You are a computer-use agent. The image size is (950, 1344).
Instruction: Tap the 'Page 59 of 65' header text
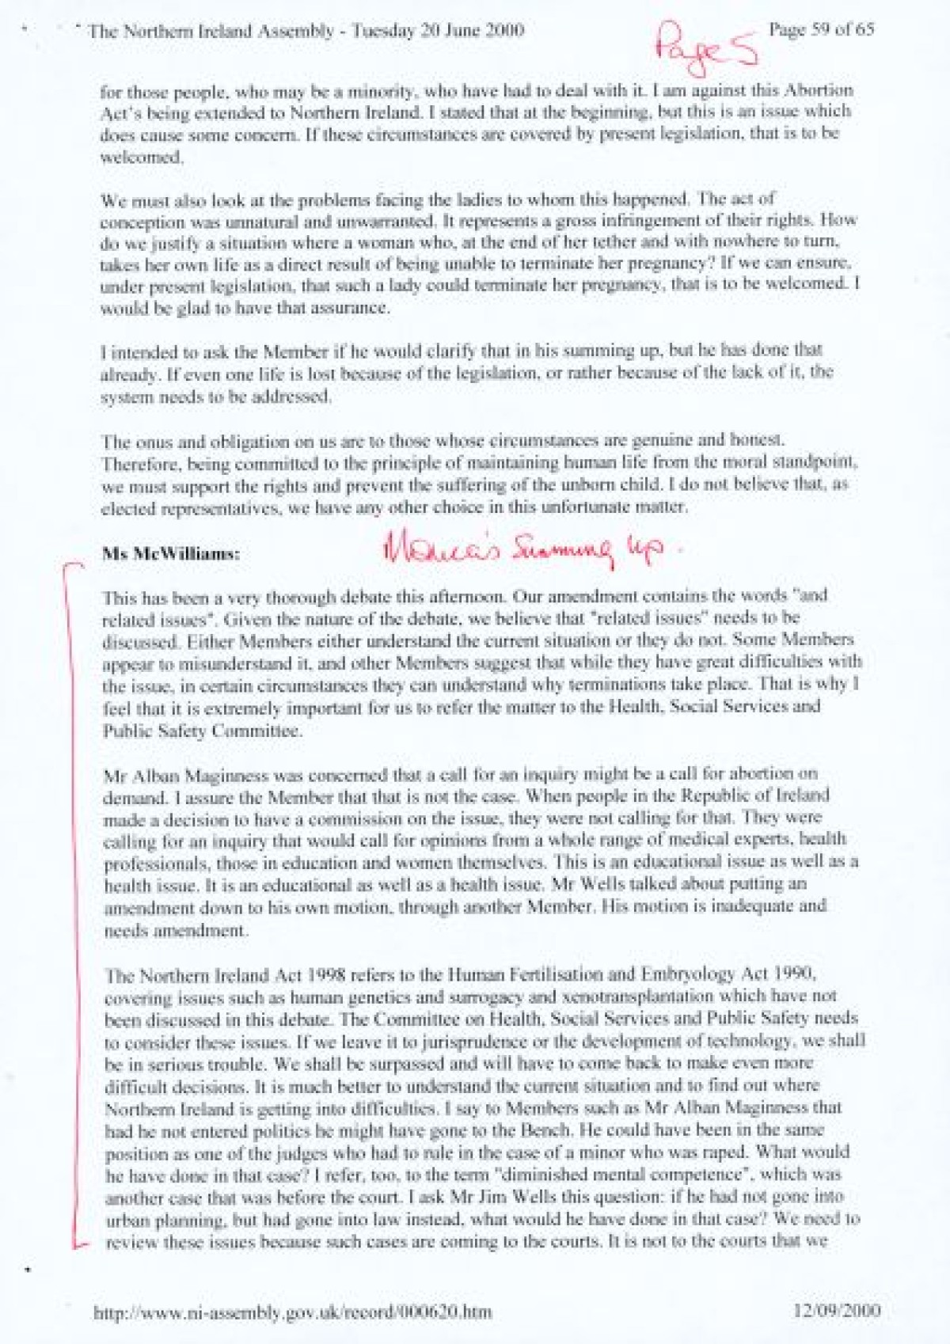click(821, 30)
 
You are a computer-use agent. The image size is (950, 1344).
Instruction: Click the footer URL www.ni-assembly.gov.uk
click(292, 1312)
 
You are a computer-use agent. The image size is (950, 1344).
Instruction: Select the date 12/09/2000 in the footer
click(837, 1310)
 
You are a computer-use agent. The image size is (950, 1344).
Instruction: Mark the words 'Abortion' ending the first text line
click(828, 90)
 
